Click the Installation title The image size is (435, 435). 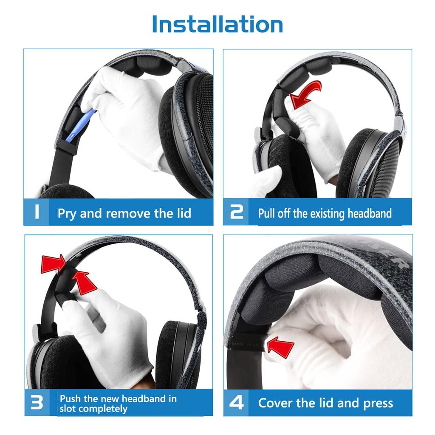tap(217, 24)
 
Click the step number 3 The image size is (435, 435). tap(37, 403)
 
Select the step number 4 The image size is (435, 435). tap(236, 403)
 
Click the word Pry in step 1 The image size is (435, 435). tap(67, 213)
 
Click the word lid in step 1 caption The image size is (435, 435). tap(181, 213)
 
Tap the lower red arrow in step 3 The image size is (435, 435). tap(85, 282)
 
